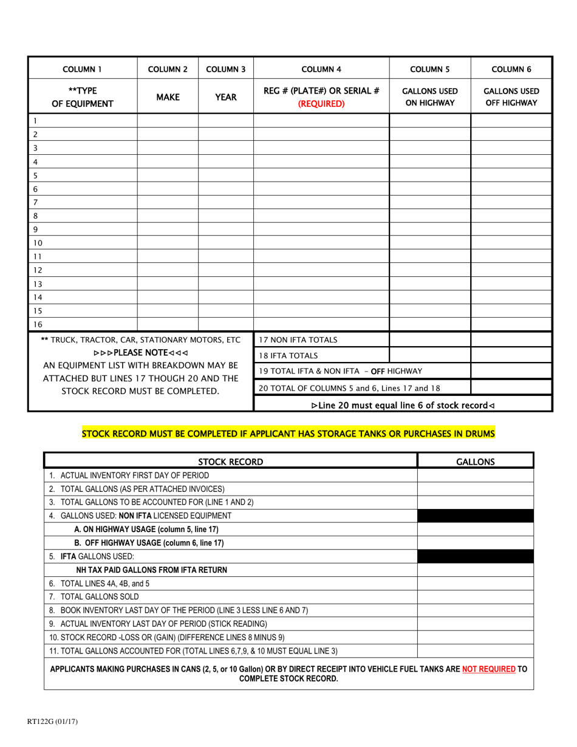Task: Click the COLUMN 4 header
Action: pos(321,69)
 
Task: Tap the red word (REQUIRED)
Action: pos(321,103)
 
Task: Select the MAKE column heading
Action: pos(168,97)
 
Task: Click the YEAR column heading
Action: pos(226,97)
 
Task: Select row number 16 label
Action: pos(38,324)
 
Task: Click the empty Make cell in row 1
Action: pos(168,121)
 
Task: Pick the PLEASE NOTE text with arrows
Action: pos(140,353)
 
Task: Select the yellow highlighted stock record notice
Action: pos(288,434)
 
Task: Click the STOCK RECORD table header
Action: pos(231,462)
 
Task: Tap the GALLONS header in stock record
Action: pos(475,462)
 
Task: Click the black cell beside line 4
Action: pos(475,516)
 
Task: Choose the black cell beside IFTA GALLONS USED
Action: pos(475,556)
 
